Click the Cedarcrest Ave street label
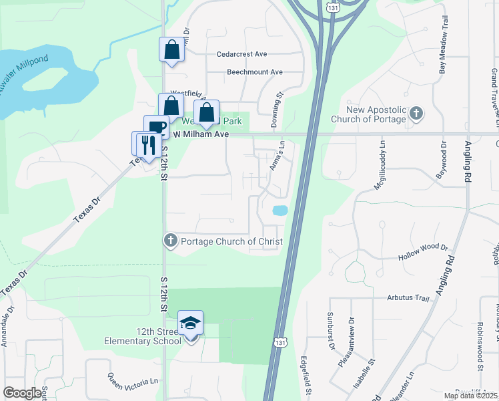click(x=241, y=54)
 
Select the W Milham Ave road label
click(x=201, y=134)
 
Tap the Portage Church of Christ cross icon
click(x=170, y=240)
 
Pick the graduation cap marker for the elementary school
click(x=191, y=323)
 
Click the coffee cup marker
click(x=157, y=128)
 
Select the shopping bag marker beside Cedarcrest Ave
click(x=171, y=49)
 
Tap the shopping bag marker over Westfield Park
click(x=206, y=112)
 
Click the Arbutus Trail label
click(x=406, y=298)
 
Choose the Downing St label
click(x=274, y=110)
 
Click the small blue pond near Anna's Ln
click(x=280, y=211)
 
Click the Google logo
click(x=23, y=392)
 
